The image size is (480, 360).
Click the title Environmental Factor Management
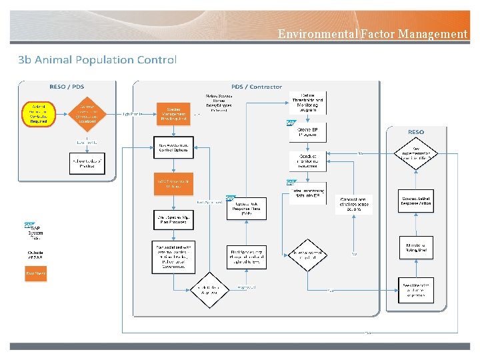pyautogui.click(x=372, y=34)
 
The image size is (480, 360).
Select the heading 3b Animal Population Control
pyautogui.click(x=97, y=60)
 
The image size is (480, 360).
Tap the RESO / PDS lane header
pyautogui.click(x=67, y=87)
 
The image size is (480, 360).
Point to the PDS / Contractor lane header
pyautogui.click(x=256, y=87)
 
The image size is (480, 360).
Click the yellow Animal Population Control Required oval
pyautogui.click(x=39, y=113)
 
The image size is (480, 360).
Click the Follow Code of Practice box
pyautogui.click(x=87, y=163)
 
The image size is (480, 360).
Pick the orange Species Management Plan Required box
pyautogui.click(x=174, y=113)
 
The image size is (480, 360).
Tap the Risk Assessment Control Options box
pyautogui.click(x=174, y=147)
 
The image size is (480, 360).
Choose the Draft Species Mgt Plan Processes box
pyautogui.click(x=174, y=219)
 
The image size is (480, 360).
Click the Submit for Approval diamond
pyautogui.click(x=210, y=290)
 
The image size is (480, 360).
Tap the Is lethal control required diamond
pyautogui.click(x=307, y=255)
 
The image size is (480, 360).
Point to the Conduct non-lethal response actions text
pyautogui.click(x=353, y=204)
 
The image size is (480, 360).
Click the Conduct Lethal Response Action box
pyautogui.click(x=416, y=200)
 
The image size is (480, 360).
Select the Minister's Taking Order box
pyautogui.click(x=416, y=247)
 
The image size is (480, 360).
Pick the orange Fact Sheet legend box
pyautogui.click(x=35, y=273)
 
